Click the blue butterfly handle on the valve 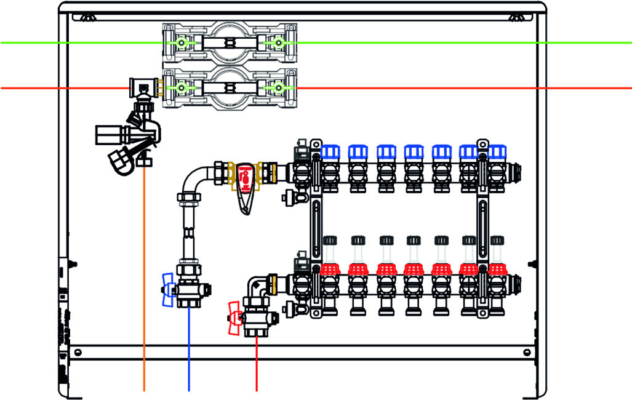(167, 289)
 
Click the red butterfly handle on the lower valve (234, 318)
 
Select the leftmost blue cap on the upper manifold (329, 152)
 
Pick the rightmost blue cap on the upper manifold (497, 152)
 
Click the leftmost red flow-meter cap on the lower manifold (329, 269)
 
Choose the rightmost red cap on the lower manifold (497, 269)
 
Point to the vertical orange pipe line (144, 277)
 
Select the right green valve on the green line (278, 43)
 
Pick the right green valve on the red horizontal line (278, 89)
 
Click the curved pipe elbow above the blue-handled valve (191, 178)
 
